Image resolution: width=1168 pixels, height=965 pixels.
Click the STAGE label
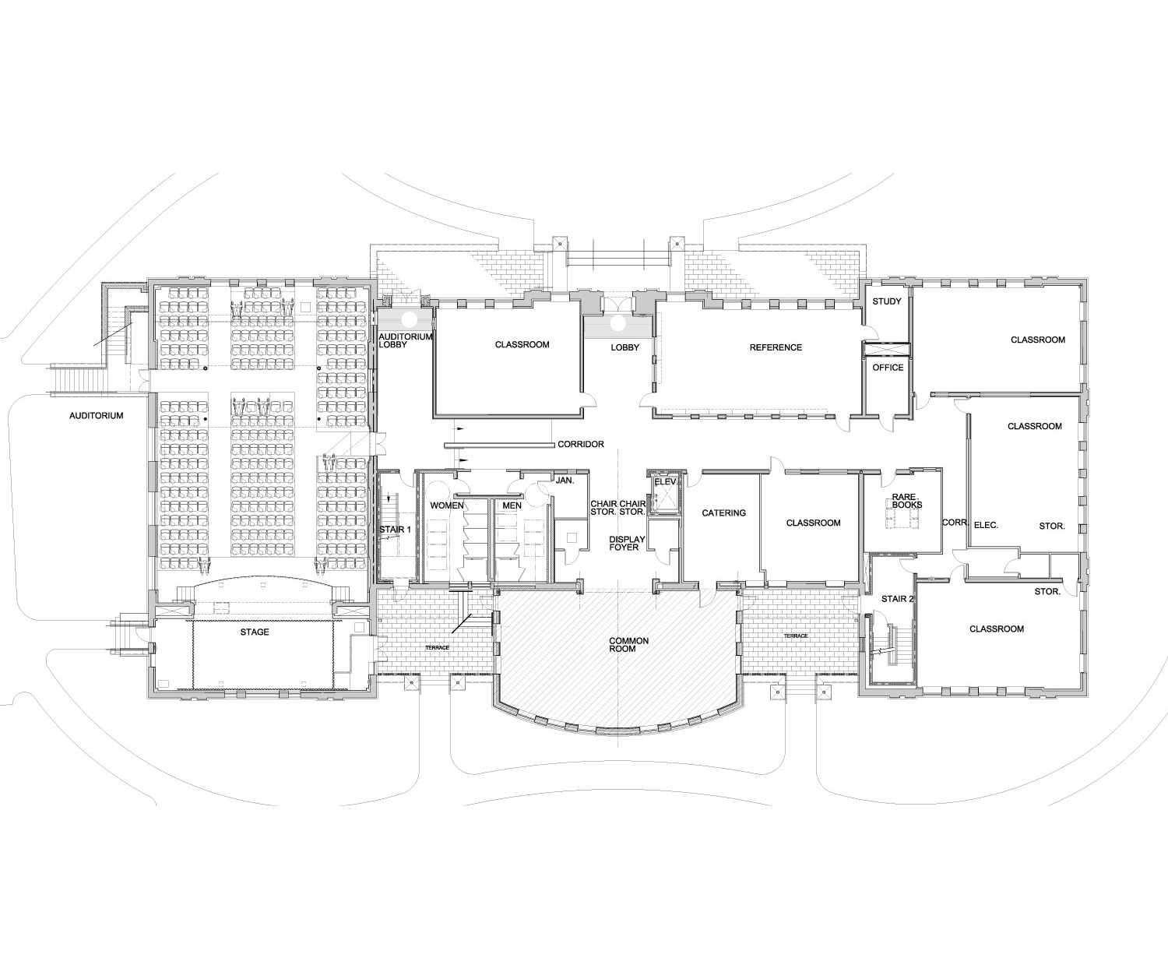pyautogui.click(x=255, y=632)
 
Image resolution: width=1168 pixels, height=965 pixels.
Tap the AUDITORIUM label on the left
pyautogui.click(x=97, y=416)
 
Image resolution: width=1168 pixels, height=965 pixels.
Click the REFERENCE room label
pyautogui.click(x=775, y=347)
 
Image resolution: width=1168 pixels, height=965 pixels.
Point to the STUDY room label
pyautogui.click(x=887, y=301)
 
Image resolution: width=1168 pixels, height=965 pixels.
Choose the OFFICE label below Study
pyautogui.click(x=888, y=368)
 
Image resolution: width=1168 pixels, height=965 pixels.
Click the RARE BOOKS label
pyautogui.click(x=908, y=500)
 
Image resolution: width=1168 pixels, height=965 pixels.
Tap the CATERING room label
pyautogui.click(x=723, y=513)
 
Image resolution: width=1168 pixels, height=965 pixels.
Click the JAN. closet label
pyautogui.click(x=565, y=481)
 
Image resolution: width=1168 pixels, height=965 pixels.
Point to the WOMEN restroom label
pyautogui.click(x=447, y=505)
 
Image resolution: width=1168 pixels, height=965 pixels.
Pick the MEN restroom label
pyautogui.click(x=512, y=505)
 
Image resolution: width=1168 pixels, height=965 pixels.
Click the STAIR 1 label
pyautogui.click(x=395, y=530)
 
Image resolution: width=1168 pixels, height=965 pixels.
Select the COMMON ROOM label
pyautogui.click(x=628, y=645)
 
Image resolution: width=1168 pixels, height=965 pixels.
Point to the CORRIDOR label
pyautogui.click(x=580, y=445)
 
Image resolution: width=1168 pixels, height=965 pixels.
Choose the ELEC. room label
pyautogui.click(x=986, y=526)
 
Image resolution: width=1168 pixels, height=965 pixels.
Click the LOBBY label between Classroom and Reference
pyautogui.click(x=624, y=347)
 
